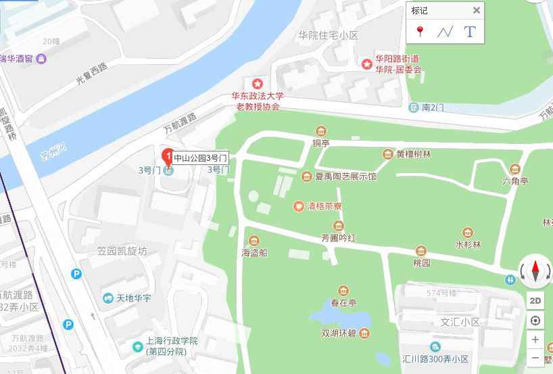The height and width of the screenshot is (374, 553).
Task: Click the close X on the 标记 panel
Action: coord(476,10)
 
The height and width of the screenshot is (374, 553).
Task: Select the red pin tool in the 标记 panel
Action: coord(420,31)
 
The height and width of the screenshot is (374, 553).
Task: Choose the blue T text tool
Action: coord(469,31)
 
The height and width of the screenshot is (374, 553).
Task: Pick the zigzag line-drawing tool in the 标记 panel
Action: coord(444,31)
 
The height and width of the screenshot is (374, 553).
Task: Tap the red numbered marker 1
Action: coord(166,154)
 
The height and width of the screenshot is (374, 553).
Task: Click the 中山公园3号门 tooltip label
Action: coord(201,158)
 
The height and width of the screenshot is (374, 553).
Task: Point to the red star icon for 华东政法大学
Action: coord(257,83)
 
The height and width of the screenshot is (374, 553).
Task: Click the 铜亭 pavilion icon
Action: coord(320,131)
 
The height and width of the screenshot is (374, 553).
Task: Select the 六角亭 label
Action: coord(515,181)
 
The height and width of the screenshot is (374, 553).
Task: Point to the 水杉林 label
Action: coord(467,245)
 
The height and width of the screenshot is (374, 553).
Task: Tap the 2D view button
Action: coord(535,300)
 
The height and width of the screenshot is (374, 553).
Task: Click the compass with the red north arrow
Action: coord(535,272)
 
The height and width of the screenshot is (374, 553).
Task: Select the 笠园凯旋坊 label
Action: coord(122,251)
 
